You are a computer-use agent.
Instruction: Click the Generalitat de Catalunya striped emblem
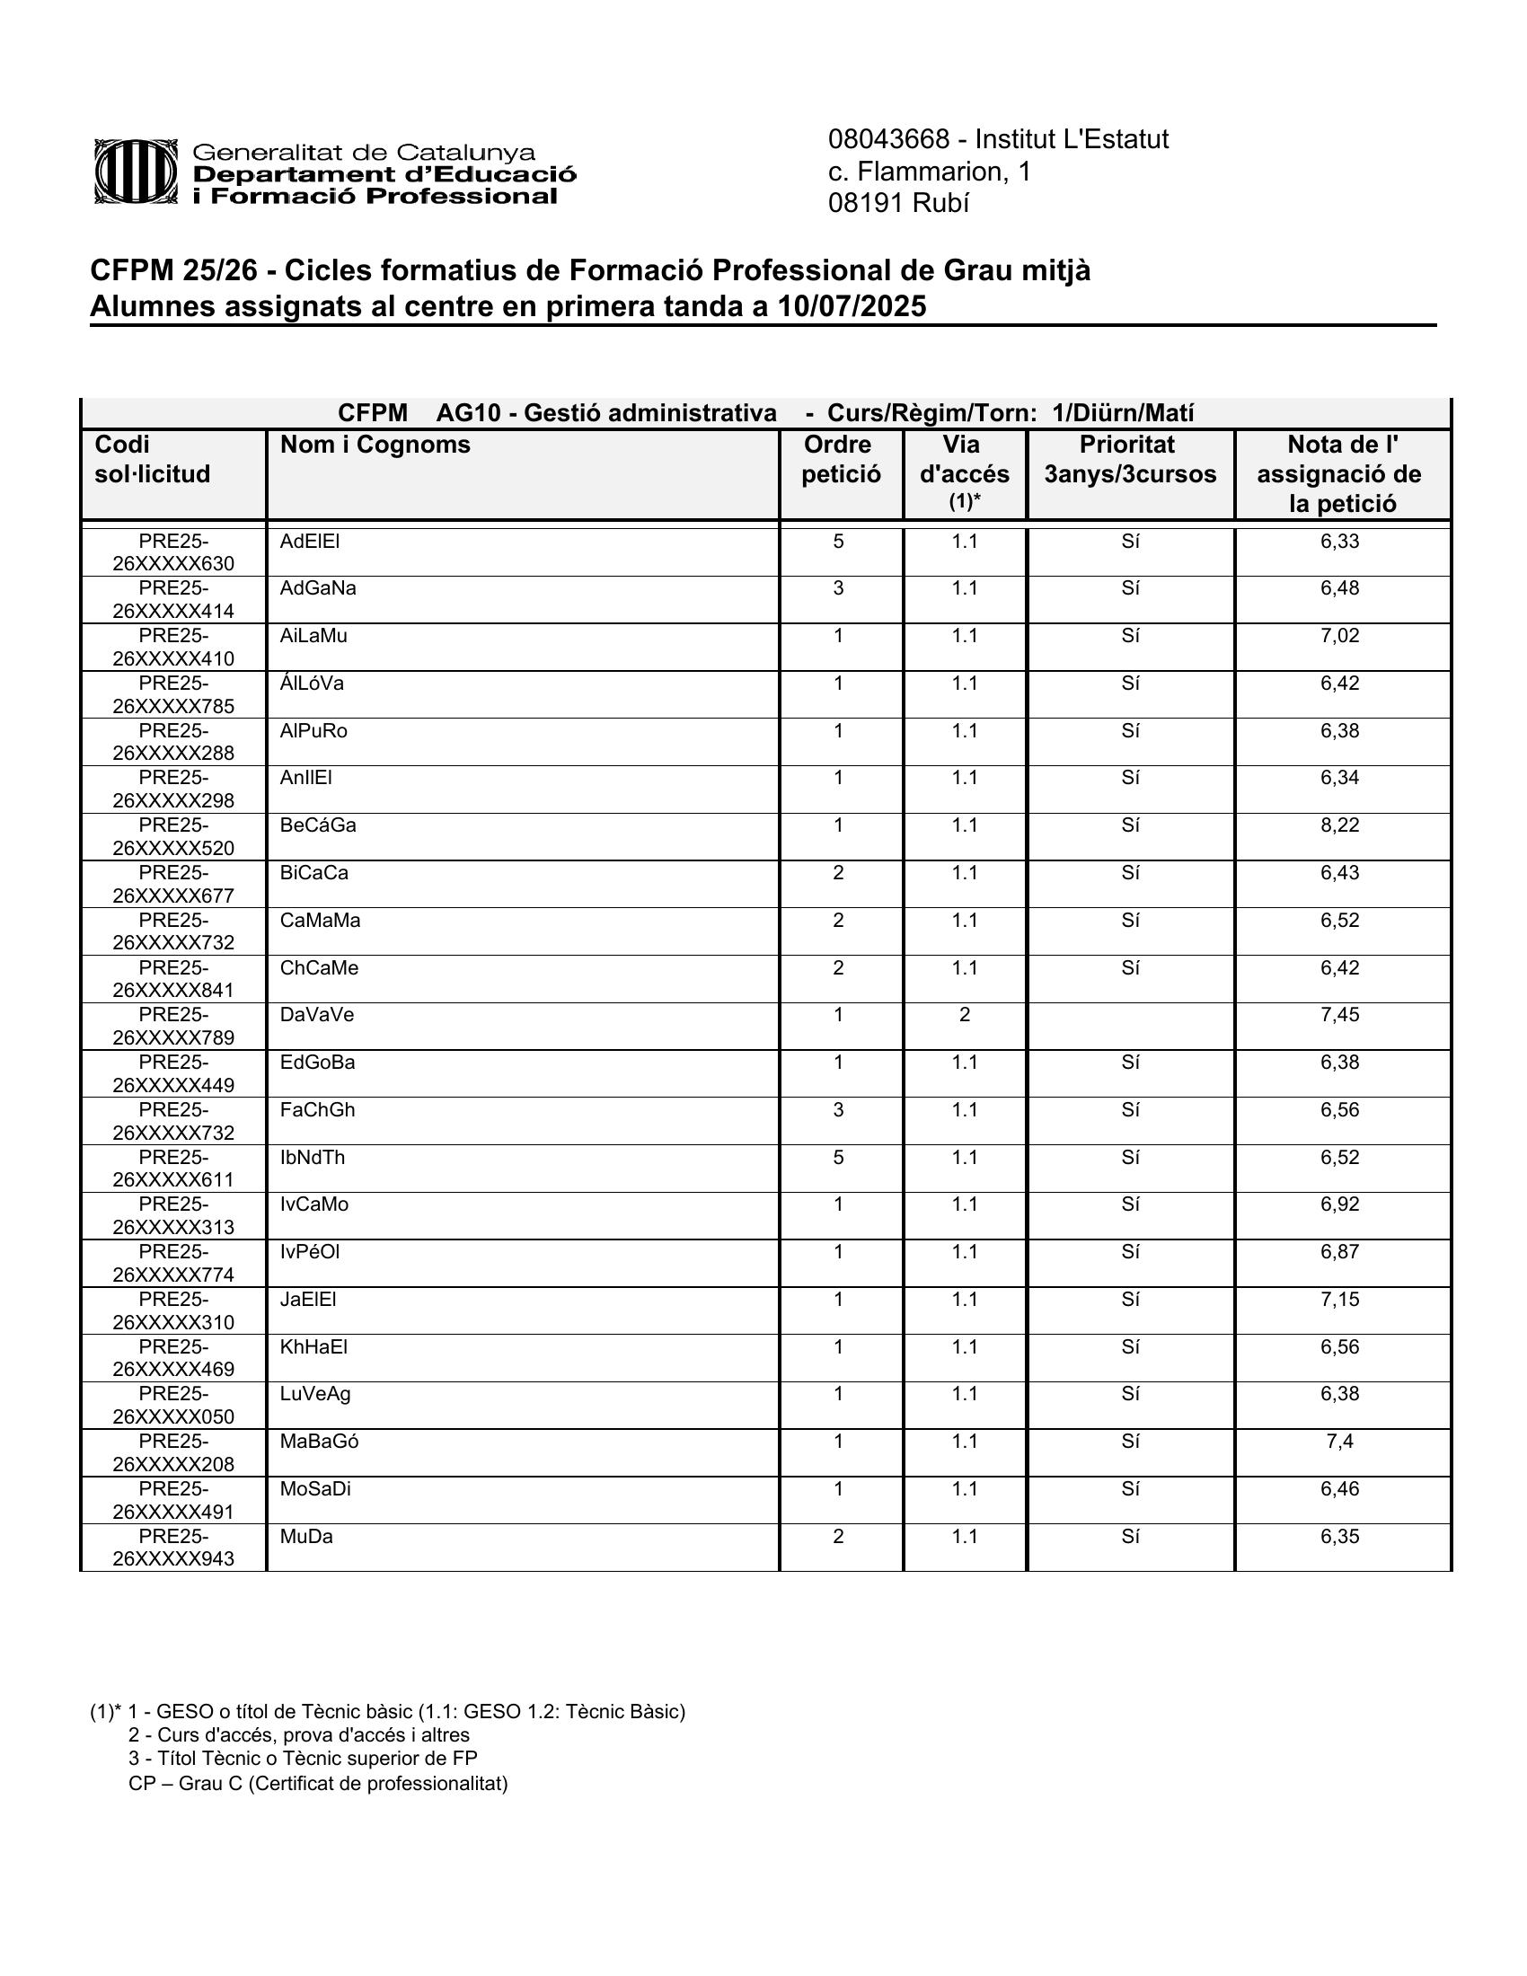point(136,171)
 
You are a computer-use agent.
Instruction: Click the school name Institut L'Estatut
point(1071,139)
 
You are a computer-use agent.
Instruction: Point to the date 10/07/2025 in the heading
point(852,307)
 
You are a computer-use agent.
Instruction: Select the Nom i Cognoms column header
point(375,445)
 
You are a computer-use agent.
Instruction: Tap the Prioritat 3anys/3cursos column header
point(1130,460)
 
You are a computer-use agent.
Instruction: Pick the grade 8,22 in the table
point(1339,825)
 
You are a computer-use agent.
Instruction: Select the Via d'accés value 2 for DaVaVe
point(965,1015)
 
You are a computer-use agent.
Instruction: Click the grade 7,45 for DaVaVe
point(1339,1015)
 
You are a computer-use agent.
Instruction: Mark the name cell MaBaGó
point(319,1442)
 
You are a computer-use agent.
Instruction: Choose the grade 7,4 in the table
point(1339,1442)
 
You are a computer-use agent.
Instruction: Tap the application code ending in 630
point(172,552)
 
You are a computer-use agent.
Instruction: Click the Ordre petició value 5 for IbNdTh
point(839,1157)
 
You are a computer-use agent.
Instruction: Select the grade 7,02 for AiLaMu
point(1339,635)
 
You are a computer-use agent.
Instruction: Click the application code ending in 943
point(172,1548)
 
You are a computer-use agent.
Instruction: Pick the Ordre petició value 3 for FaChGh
point(839,1110)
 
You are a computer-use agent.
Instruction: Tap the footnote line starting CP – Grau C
point(317,1783)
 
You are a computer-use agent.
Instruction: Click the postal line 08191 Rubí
point(898,204)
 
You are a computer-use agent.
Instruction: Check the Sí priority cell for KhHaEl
point(1130,1346)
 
